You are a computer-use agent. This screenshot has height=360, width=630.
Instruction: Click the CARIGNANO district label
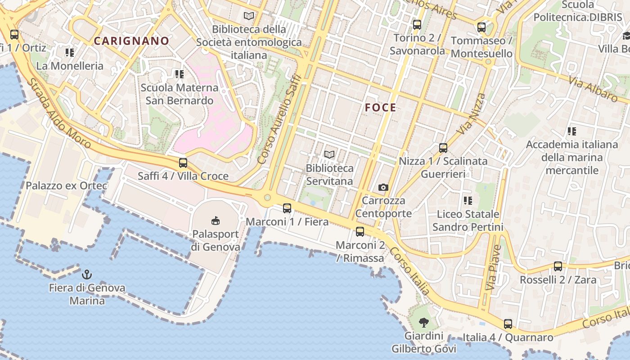point(131,41)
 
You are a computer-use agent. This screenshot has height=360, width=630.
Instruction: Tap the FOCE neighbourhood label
point(381,108)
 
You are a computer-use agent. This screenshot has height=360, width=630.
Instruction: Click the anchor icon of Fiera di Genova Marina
point(86,274)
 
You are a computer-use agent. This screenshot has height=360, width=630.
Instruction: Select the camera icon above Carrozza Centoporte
point(383,187)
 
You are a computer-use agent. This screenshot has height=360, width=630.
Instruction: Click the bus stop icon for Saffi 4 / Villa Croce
point(183,163)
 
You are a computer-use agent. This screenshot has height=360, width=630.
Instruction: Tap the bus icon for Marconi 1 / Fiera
point(287,208)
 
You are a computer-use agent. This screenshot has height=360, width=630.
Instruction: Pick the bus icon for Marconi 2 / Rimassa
point(360,232)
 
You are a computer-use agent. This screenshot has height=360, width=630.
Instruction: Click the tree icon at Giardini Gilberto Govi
point(423,322)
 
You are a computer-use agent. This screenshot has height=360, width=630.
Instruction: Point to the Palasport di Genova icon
point(216,220)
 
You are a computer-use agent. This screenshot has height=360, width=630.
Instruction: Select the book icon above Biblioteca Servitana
point(329,155)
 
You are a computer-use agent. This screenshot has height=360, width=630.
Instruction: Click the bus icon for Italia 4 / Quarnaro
point(508,324)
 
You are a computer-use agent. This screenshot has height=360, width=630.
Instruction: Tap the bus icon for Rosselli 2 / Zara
point(558,266)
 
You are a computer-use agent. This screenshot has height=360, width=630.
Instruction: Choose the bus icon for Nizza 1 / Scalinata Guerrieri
point(443,148)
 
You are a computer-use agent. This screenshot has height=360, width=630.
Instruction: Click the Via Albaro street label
point(593,89)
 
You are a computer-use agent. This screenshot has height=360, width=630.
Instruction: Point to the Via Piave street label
point(494,267)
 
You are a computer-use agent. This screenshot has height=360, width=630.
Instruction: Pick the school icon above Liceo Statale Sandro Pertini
point(468,200)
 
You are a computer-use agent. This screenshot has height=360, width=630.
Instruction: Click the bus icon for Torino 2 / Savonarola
point(417,25)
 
